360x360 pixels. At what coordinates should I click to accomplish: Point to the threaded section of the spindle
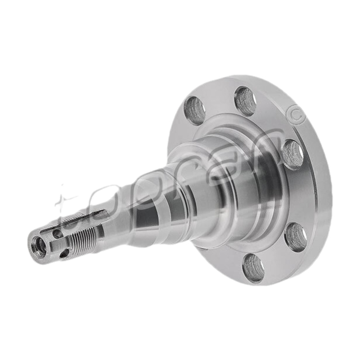pyautogui.click(x=83, y=237)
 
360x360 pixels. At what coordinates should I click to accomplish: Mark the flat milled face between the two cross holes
pyautogui.click(x=58, y=246)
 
